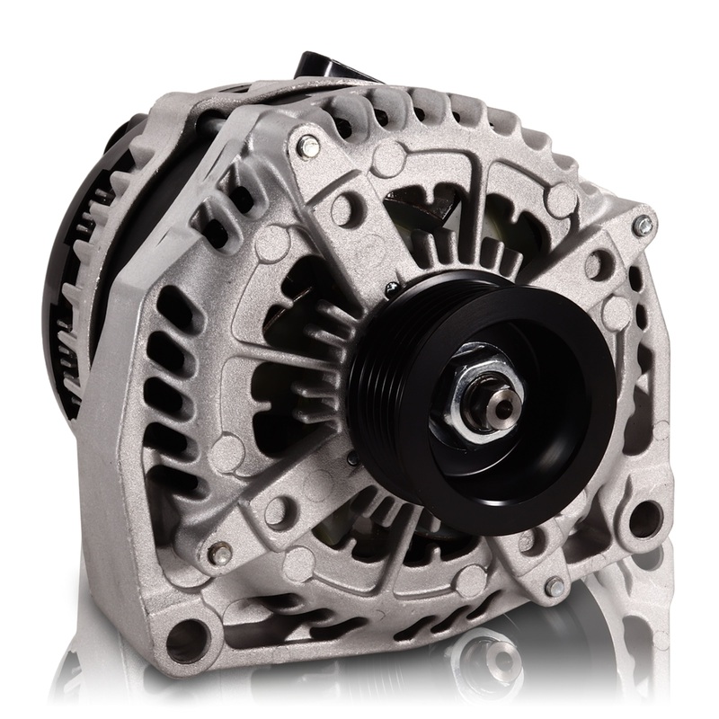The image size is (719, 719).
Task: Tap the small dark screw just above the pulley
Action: [x=392, y=288]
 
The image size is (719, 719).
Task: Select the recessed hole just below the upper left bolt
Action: [x=342, y=209]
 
